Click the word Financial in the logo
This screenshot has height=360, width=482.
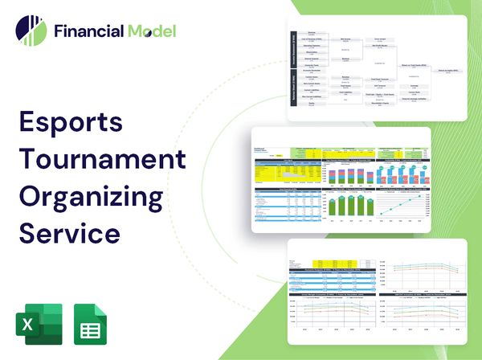[88, 32]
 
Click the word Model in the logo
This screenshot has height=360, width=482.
[150, 32]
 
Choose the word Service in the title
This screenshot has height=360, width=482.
[68, 232]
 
